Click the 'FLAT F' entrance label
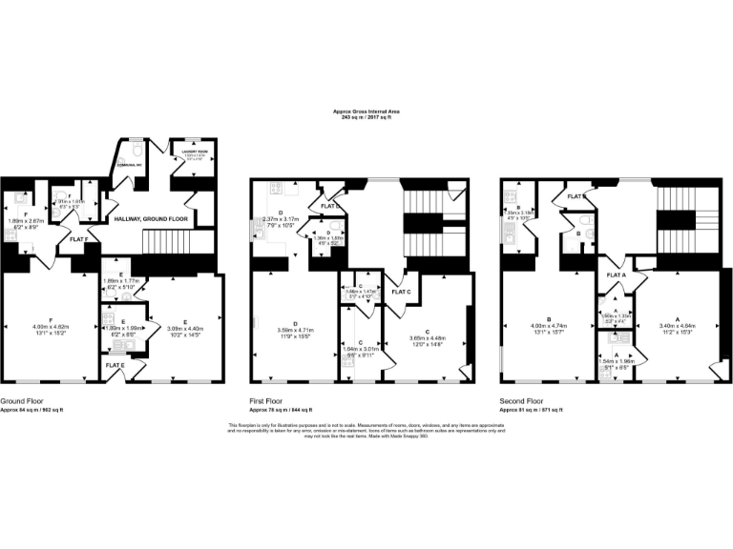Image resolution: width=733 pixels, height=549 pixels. (x=82, y=240)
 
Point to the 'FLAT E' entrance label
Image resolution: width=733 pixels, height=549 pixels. (x=115, y=365)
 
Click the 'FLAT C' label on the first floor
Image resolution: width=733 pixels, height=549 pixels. (x=396, y=292)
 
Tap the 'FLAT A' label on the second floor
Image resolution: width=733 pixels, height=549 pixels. (x=616, y=274)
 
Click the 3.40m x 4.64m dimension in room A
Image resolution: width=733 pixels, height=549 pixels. (x=677, y=329)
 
